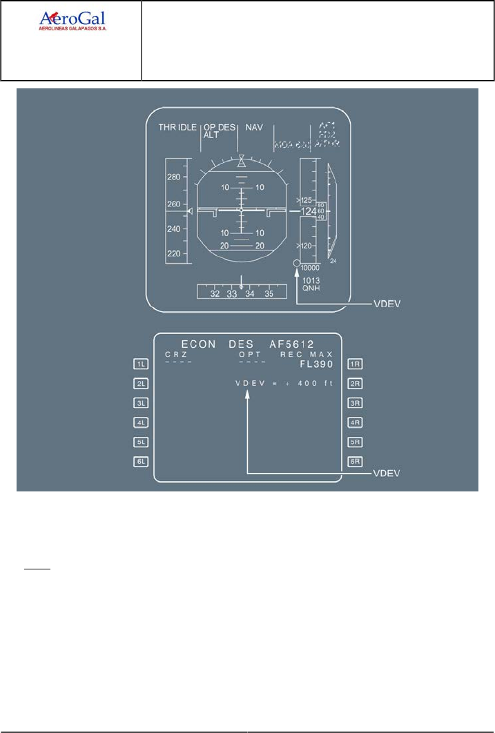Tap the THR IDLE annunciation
tap(178, 128)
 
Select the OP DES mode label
tap(220, 128)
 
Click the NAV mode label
tap(255, 128)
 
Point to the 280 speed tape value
tap(173, 177)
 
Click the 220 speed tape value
tap(173, 254)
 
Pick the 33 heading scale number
tap(232, 294)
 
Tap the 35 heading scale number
tap(269, 294)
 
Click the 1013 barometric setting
tap(311, 281)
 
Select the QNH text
tap(311, 290)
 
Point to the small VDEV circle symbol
tap(296, 263)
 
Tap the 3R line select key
tap(355, 402)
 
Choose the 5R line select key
tap(355, 441)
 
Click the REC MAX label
tap(307, 354)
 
